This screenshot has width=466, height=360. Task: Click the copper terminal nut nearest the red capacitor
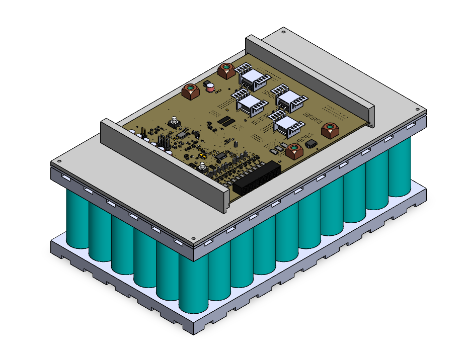190,92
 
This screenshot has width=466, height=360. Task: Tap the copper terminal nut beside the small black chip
330,130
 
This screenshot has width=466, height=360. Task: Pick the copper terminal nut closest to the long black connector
294,150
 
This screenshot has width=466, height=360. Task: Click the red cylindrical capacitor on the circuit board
209,86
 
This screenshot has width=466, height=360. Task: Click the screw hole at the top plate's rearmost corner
283,32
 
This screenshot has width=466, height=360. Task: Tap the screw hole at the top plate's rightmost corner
416,109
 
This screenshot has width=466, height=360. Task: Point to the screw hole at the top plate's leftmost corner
59,162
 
